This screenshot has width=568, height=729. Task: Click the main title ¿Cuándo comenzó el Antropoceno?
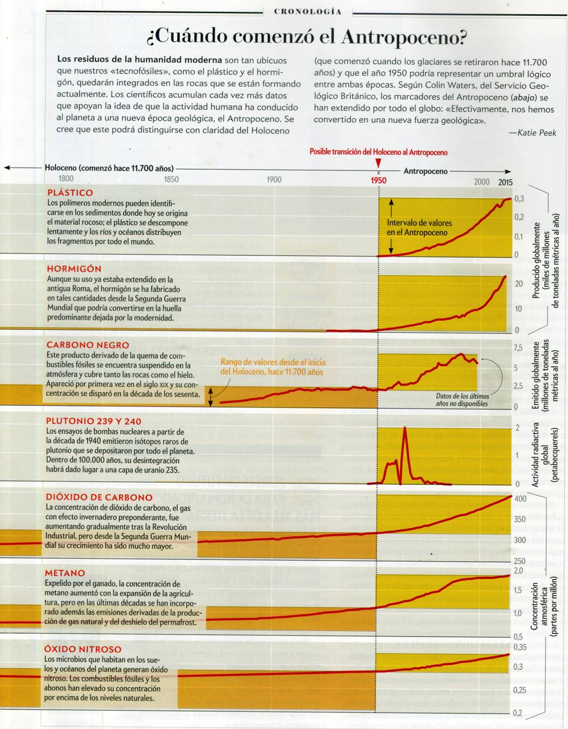click(307, 36)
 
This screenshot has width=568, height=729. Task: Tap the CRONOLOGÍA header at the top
click(308, 11)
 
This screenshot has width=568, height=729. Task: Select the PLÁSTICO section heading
click(70, 193)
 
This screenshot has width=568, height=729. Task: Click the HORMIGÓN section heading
click(74, 268)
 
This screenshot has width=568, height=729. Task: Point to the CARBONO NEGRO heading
click(88, 345)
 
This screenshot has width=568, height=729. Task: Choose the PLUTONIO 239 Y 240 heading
click(93, 421)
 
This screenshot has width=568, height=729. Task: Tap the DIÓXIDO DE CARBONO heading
click(99, 497)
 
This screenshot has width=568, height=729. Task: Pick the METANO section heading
click(65, 573)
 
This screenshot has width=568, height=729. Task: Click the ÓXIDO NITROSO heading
click(82, 649)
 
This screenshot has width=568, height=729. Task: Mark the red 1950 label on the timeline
click(378, 180)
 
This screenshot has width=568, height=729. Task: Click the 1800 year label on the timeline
click(66, 179)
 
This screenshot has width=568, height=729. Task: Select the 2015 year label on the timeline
click(505, 182)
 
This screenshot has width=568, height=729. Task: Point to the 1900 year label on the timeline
click(274, 180)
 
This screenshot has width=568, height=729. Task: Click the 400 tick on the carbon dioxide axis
click(520, 499)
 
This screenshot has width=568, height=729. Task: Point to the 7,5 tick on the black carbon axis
click(518, 348)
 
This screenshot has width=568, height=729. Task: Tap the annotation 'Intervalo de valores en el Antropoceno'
click(419, 228)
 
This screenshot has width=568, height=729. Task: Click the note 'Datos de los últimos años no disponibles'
click(461, 399)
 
